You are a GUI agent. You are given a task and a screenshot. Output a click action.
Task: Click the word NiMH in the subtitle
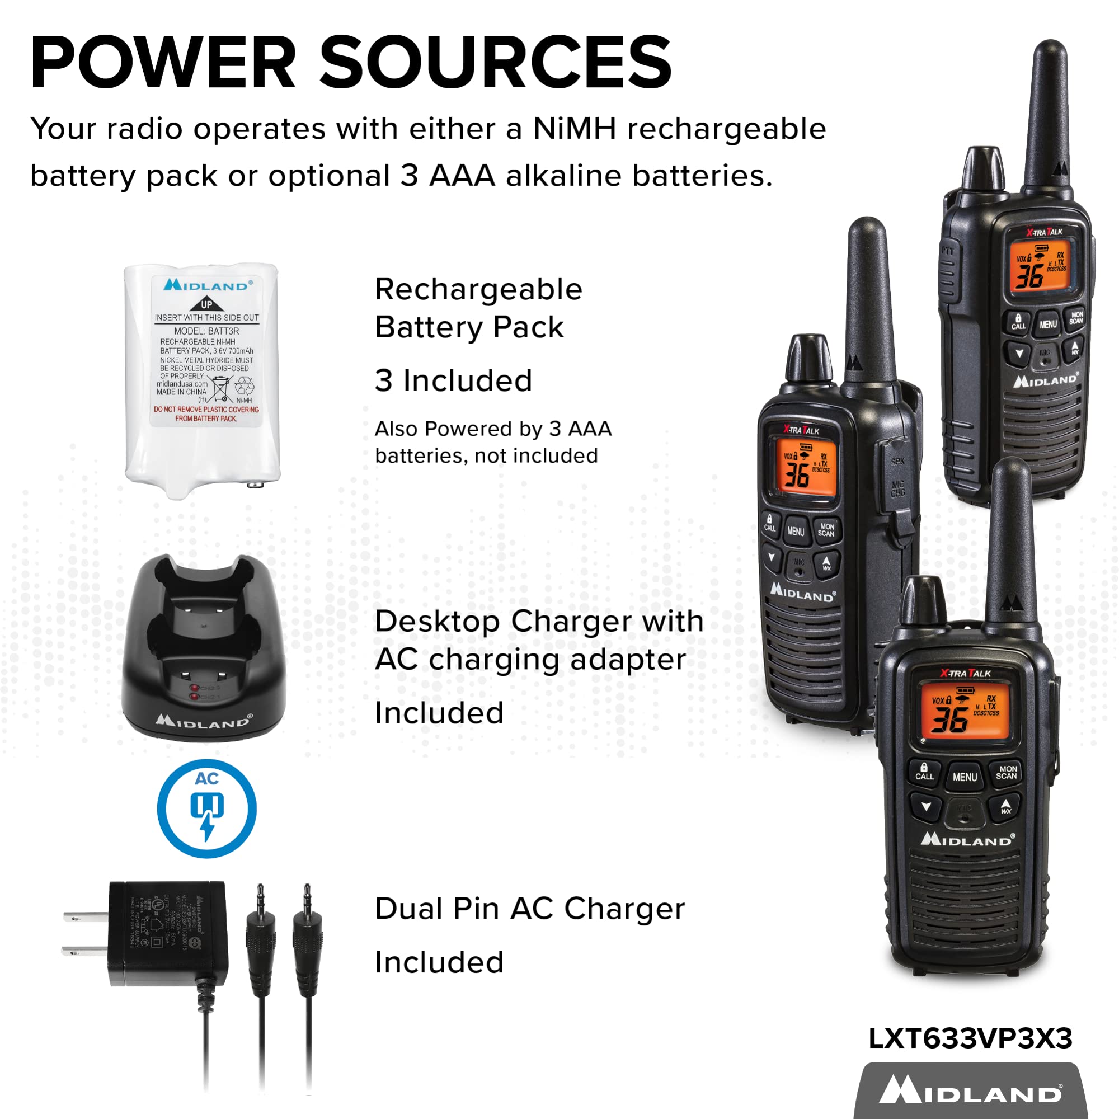point(574,129)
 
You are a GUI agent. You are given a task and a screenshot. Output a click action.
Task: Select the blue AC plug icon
point(207,808)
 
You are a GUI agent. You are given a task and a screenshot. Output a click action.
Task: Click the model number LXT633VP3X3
point(970,1038)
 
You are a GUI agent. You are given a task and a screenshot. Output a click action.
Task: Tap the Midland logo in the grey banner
point(970,1090)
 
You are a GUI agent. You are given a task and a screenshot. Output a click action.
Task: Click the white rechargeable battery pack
point(203,379)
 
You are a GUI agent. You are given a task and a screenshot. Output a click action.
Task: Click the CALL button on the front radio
point(924,773)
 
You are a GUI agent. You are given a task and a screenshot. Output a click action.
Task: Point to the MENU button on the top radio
point(1048,325)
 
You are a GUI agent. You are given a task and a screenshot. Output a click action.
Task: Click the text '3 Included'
point(453,380)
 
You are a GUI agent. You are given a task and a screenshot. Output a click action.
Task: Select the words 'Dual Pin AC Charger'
point(529,908)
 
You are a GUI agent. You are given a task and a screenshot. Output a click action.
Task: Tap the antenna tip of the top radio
point(1050,49)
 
